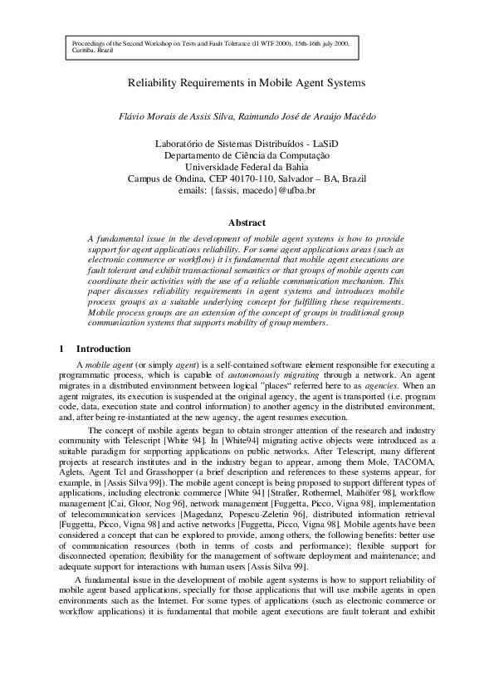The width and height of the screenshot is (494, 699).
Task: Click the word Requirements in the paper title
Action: tap(207, 83)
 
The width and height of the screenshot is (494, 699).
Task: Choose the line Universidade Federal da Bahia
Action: tap(247, 167)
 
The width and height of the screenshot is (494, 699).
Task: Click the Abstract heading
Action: tap(247, 222)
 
